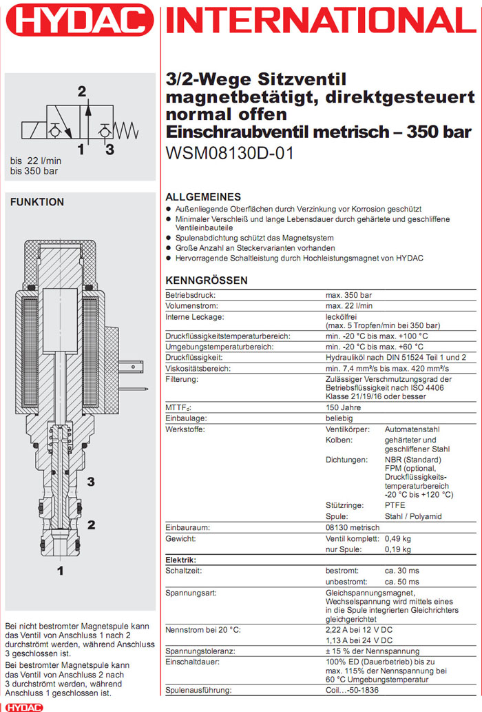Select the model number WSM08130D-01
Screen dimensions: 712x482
[230, 152]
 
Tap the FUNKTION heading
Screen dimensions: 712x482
[37, 202]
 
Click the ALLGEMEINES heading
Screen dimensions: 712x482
[203, 196]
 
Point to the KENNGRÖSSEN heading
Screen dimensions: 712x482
[207, 281]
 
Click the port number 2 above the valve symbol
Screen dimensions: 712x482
[82, 91]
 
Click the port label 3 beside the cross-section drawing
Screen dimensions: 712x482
[91, 480]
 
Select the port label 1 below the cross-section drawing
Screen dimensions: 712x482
[61, 570]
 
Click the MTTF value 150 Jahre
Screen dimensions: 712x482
[343, 407]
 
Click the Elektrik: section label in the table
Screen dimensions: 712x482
[181, 560]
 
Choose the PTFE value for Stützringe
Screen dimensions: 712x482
[395, 505]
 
